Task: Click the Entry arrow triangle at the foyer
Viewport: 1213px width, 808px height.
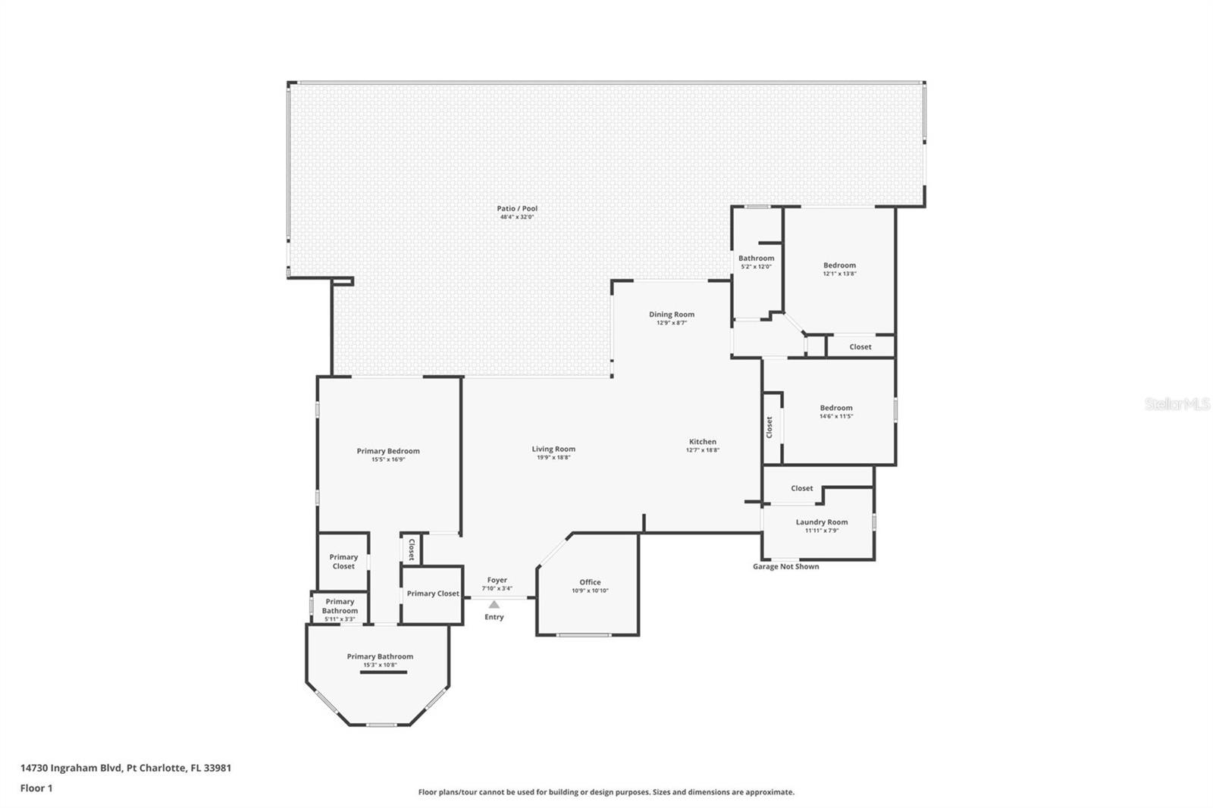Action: click(494, 604)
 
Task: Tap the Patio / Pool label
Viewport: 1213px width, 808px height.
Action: click(517, 208)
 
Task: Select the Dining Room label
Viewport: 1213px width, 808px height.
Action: click(672, 315)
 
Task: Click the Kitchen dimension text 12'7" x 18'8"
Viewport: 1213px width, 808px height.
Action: click(702, 450)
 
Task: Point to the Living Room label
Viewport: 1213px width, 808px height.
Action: click(553, 449)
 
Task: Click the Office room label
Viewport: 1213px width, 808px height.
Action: click(590, 582)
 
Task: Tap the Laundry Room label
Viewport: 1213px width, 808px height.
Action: click(822, 521)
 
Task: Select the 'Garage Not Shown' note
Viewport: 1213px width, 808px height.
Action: click(785, 566)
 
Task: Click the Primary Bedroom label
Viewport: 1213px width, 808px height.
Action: click(388, 451)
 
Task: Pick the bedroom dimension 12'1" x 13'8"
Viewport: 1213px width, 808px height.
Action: click(839, 274)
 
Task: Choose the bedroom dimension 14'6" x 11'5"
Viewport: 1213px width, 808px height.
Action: click(836, 416)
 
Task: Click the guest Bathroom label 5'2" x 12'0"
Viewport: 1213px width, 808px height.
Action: click(756, 262)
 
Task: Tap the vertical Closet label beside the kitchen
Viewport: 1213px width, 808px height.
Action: click(769, 427)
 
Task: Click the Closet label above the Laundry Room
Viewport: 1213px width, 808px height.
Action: click(801, 488)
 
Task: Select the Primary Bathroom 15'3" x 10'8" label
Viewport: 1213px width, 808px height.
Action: click(380, 660)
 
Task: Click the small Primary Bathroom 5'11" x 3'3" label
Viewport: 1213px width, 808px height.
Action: click(340, 610)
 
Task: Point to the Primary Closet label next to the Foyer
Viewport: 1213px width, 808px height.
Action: click(432, 593)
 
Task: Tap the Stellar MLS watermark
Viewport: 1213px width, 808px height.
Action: click(1177, 405)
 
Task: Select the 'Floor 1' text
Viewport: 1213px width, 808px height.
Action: click(36, 788)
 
